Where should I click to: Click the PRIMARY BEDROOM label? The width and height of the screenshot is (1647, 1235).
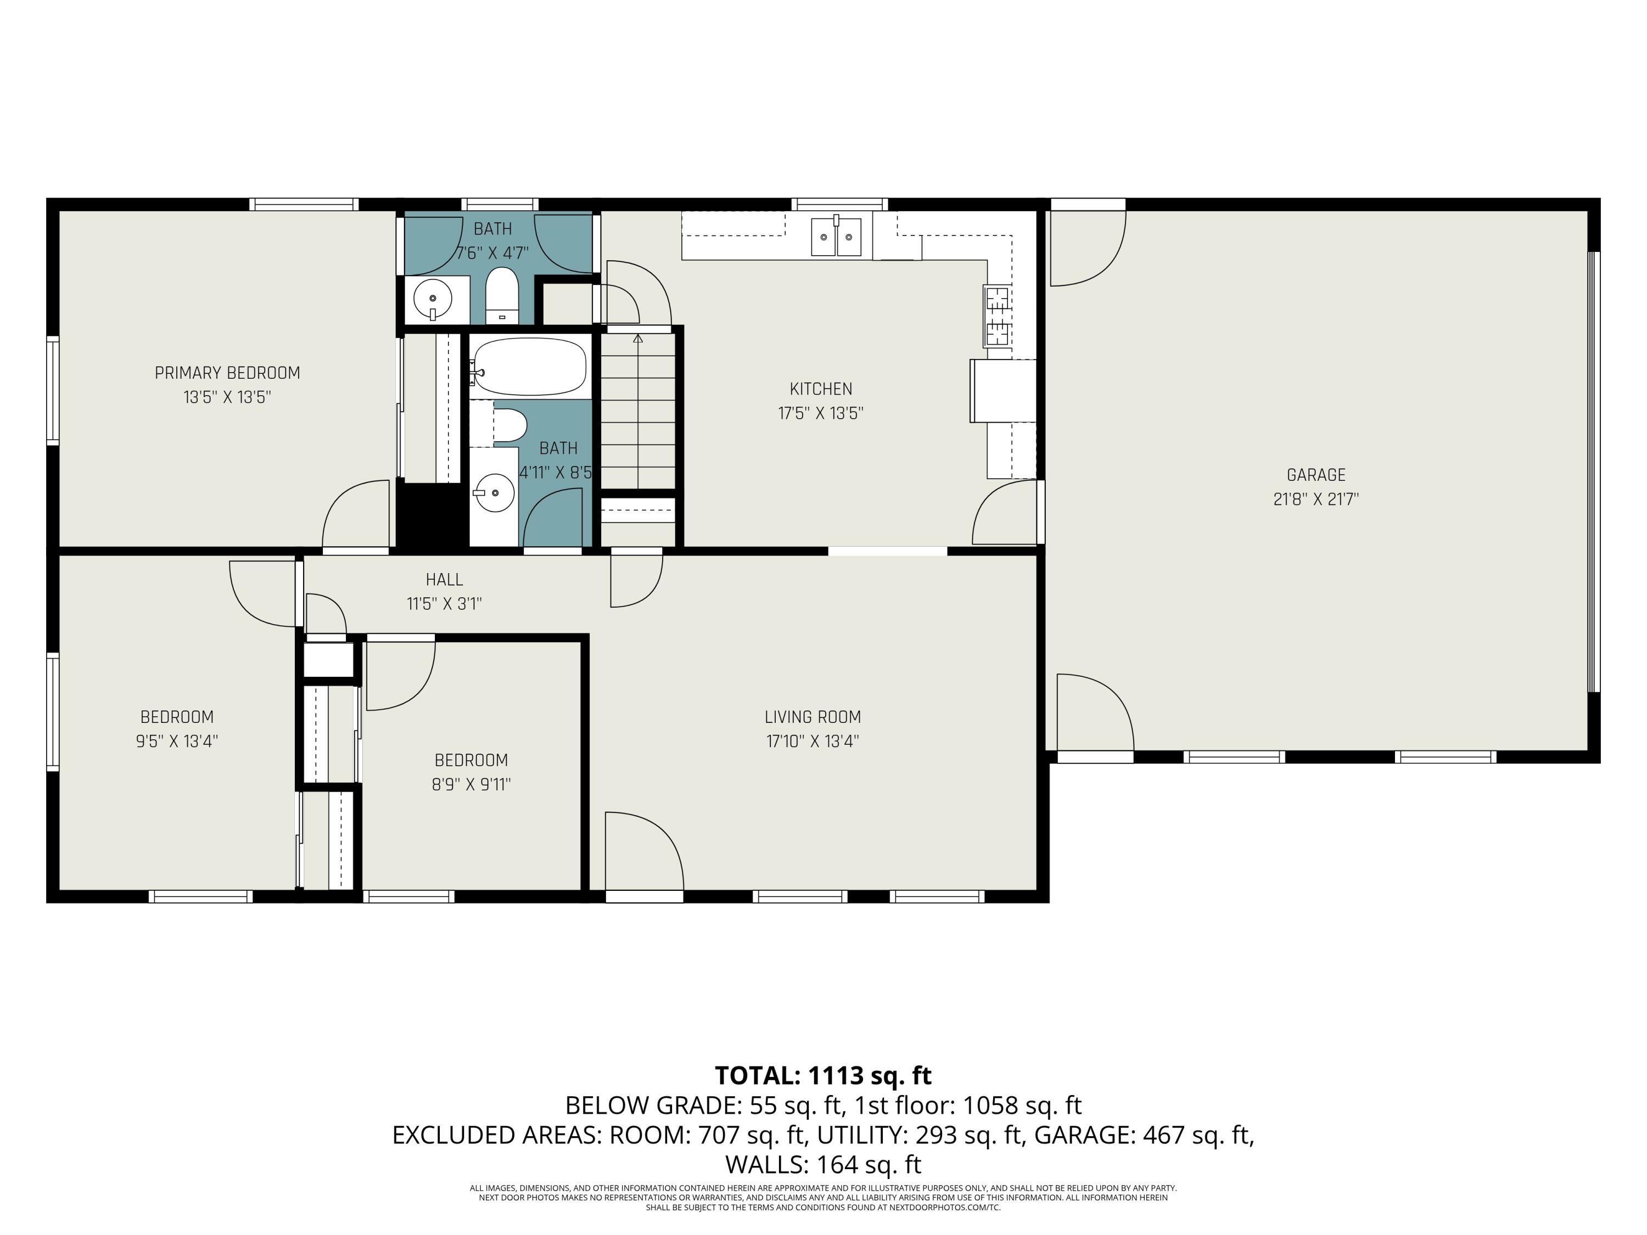[x=227, y=373]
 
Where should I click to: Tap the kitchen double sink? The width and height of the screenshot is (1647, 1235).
[x=836, y=237]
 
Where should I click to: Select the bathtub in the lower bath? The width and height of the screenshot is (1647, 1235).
[x=530, y=366]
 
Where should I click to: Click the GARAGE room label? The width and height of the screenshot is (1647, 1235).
[x=1315, y=475]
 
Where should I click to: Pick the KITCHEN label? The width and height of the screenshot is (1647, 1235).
[x=821, y=389]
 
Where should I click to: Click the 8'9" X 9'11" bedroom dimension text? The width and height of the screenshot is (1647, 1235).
[x=471, y=784]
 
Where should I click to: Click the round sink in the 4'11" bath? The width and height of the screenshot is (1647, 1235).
[x=495, y=493]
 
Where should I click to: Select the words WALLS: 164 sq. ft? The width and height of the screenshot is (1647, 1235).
[x=823, y=1164]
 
